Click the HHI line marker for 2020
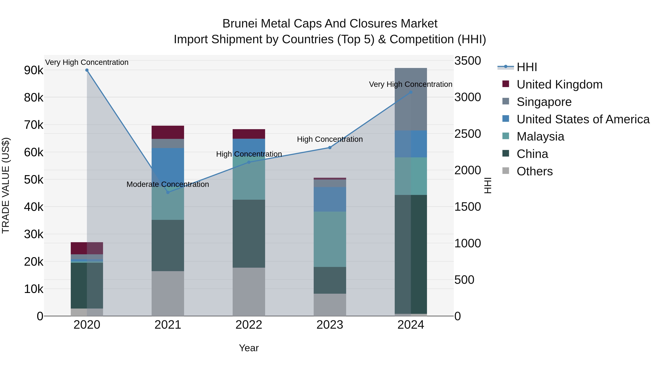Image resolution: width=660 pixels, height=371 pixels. click(x=87, y=70)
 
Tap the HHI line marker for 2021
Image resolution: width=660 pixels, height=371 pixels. click(x=168, y=193)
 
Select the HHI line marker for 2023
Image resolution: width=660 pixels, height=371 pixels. click(x=330, y=147)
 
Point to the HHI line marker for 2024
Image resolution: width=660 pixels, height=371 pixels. click(x=411, y=92)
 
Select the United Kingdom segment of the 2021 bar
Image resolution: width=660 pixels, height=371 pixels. click(x=168, y=132)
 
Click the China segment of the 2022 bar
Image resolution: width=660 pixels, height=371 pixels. click(x=249, y=234)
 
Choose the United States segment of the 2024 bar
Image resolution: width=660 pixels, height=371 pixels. click(x=411, y=144)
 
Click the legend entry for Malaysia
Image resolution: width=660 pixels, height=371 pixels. click(x=540, y=136)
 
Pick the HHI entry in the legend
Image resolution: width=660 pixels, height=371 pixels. click(x=527, y=67)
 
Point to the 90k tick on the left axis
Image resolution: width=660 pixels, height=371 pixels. click(x=34, y=70)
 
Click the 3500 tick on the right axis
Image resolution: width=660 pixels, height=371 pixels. click(x=467, y=61)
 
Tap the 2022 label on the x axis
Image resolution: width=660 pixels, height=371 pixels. click(x=249, y=325)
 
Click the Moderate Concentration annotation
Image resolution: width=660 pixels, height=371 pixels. click(x=168, y=184)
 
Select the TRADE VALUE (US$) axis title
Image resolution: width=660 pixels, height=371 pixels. click(x=6, y=185)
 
